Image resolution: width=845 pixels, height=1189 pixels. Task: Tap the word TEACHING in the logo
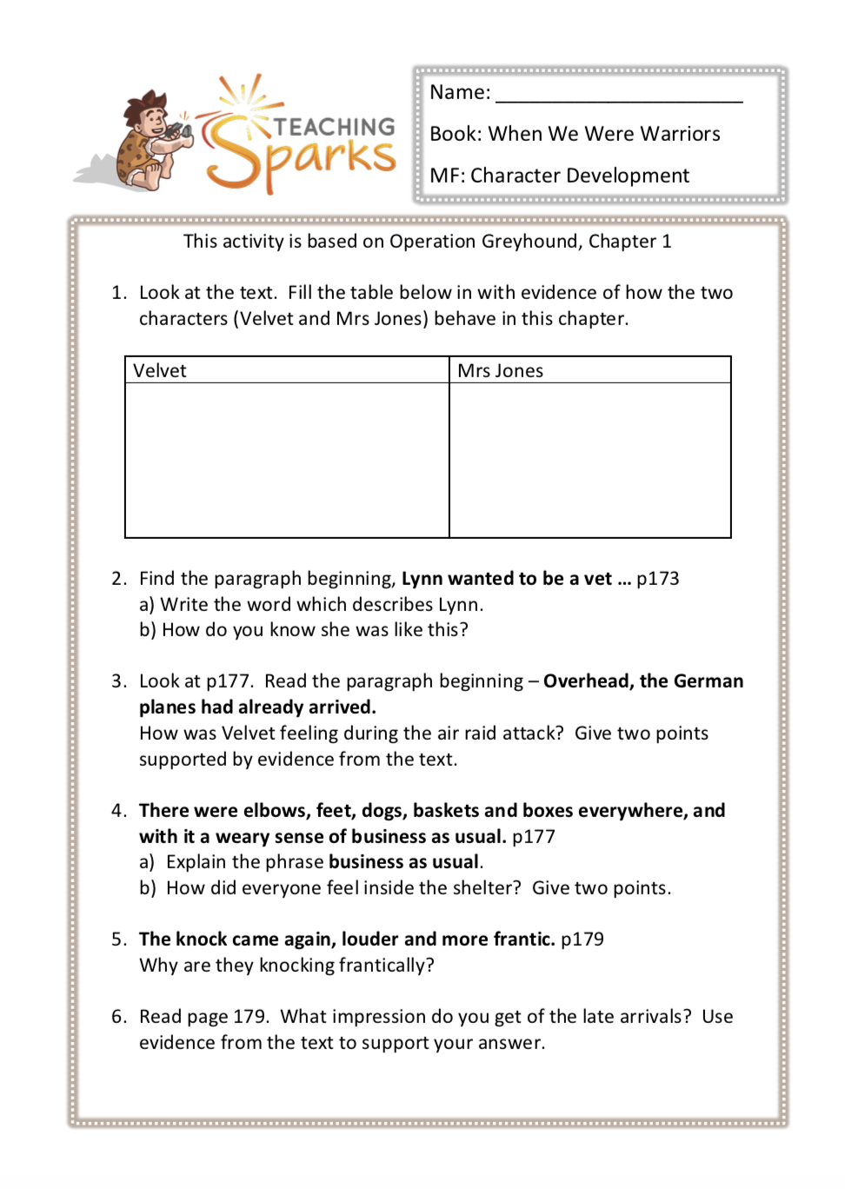335,127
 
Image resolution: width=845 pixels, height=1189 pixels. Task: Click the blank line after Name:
619,94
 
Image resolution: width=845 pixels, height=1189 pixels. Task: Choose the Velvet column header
160,371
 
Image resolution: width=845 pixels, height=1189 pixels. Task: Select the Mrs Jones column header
501,371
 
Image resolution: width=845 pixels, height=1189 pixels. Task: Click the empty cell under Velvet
287,460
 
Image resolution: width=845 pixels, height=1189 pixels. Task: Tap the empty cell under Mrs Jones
589,460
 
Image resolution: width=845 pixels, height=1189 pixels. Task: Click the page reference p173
657,579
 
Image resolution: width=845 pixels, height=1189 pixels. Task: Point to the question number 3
118,681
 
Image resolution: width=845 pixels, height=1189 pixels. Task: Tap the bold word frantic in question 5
522,940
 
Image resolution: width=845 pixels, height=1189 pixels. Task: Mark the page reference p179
582,940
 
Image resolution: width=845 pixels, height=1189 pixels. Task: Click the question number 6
118,1017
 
